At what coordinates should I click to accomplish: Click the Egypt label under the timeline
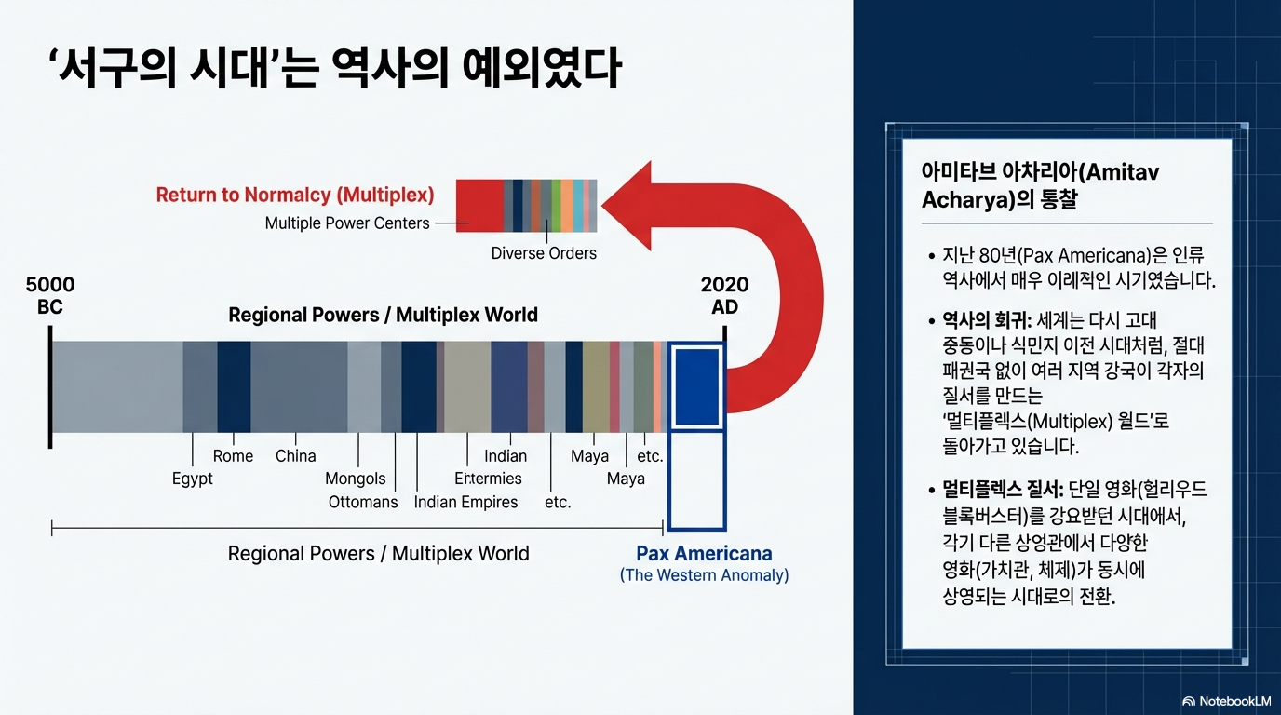[x=192, y=479]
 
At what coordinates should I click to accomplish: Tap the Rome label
[x=233, y=456]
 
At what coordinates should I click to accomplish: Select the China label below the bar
[x=296, y=456]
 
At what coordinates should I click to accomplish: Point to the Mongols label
[x=355, y=479]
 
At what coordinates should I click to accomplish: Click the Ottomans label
[x=362, y=502]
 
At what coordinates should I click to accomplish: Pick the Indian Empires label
[x=465, y=502]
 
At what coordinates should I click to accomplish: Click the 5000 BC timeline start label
[x=50, y=295]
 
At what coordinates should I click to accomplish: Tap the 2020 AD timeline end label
[x=724, y=295]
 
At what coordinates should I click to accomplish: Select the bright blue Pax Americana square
[x=697, y=387]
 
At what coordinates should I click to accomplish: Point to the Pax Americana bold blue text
[x=704, y=553]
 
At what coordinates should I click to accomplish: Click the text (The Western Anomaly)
[x=704, y=574]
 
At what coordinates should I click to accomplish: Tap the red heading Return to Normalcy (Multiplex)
[x=295, y=196]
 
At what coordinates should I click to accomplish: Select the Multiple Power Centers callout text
[x=347, y=223]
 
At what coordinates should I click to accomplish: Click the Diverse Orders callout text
[x=544, y=253]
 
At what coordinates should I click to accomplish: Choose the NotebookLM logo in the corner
[x=1227, y=701]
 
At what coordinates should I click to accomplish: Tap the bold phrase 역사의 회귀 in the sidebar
[x=986, y=320]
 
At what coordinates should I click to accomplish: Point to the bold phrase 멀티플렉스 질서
[x=1003, y=490]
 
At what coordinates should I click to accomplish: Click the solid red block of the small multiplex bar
[x=479, y=206]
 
